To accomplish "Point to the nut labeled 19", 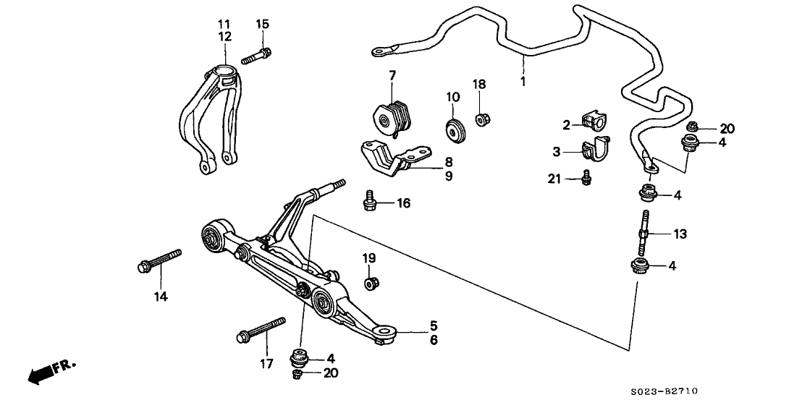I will [371, 281].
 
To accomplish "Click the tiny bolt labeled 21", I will [587, 175].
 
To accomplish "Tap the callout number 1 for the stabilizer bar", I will [523, 81].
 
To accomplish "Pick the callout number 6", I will [433, 339].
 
